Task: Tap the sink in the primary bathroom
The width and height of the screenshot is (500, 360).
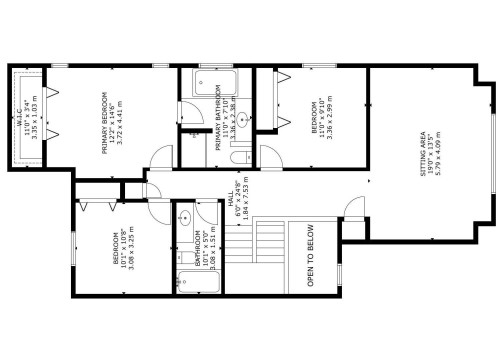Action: pos(244,117)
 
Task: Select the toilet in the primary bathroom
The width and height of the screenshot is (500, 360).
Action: pos(238,155)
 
